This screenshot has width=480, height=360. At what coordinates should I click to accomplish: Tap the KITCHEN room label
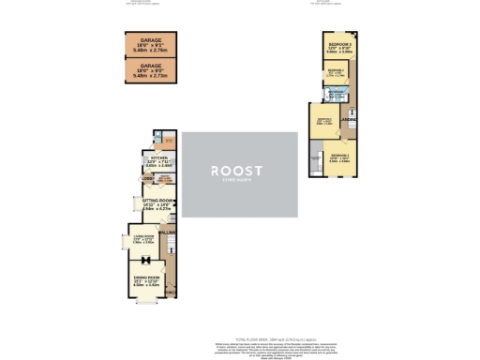(x=146, y=160)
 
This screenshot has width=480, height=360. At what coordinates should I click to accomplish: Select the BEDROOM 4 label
(x=336, y=72)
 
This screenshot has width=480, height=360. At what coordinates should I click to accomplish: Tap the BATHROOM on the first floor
(x=334, y=94)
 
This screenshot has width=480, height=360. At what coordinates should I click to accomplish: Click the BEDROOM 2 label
(x=324, y=122)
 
